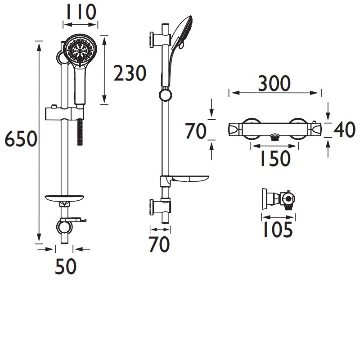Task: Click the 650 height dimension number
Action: coord(20,140)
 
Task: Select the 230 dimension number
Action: coord(130,73)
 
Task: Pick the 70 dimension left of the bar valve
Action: coord(196,131)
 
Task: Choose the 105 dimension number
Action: coord(276,230)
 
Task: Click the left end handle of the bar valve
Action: coord(235,130)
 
